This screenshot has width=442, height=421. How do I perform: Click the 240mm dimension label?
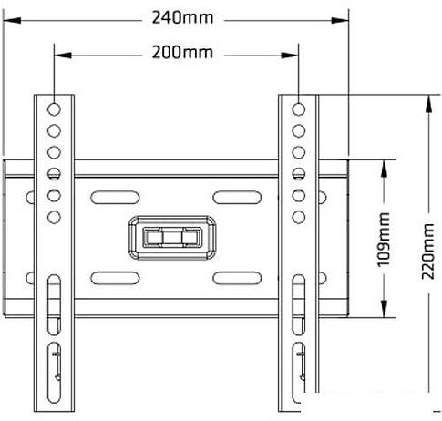[x=182, y=17]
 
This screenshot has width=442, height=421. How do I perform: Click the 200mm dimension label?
[x=182, y=52]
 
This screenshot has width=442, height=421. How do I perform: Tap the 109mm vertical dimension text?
[x=383, y=240]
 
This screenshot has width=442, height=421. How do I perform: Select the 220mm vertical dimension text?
[x=427, y=252]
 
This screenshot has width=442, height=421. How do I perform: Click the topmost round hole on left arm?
[x=54, y=109]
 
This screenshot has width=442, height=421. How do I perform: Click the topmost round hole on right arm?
[x=299, y=109]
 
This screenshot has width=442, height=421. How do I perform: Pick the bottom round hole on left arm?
[x=54, y=217]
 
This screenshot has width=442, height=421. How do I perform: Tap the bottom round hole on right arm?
[x=299, y=217]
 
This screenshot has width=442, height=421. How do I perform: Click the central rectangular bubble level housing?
[x=172, y=238]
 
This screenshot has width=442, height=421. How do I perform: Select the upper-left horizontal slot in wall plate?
[x=115, y=198]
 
